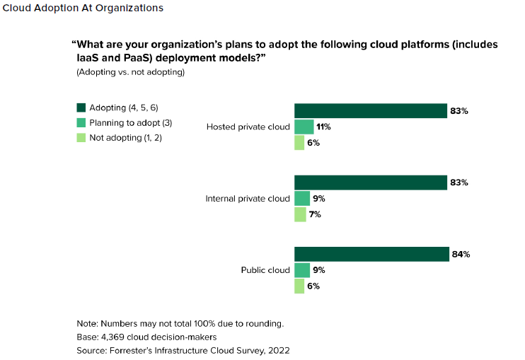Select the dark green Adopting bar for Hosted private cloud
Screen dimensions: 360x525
tap(369, 110)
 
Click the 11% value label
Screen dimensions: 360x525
tap(323, 127)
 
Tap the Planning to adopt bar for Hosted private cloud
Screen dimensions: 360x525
tap(304, 127)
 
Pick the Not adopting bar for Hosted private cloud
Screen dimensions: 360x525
tap(299, 142)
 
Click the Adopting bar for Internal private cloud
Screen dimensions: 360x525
tap(369, 182)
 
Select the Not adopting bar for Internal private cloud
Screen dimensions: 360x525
tap(300, 214)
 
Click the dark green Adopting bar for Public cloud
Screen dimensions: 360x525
tap(371, 254)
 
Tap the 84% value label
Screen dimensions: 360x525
tap(460, 254)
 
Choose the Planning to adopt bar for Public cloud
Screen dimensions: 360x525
tap(302, 269)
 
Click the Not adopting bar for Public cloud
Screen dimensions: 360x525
tap(299, 286)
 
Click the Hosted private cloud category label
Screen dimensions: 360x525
tap(248, 127)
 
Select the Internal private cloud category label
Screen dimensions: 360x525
tap(248, 199)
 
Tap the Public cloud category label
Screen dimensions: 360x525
tap(265, 270)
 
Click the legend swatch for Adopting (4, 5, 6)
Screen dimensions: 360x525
tap(81, 108)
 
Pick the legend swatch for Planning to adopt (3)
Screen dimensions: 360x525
tap(81, 122)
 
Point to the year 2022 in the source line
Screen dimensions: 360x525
tap(279, 350)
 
